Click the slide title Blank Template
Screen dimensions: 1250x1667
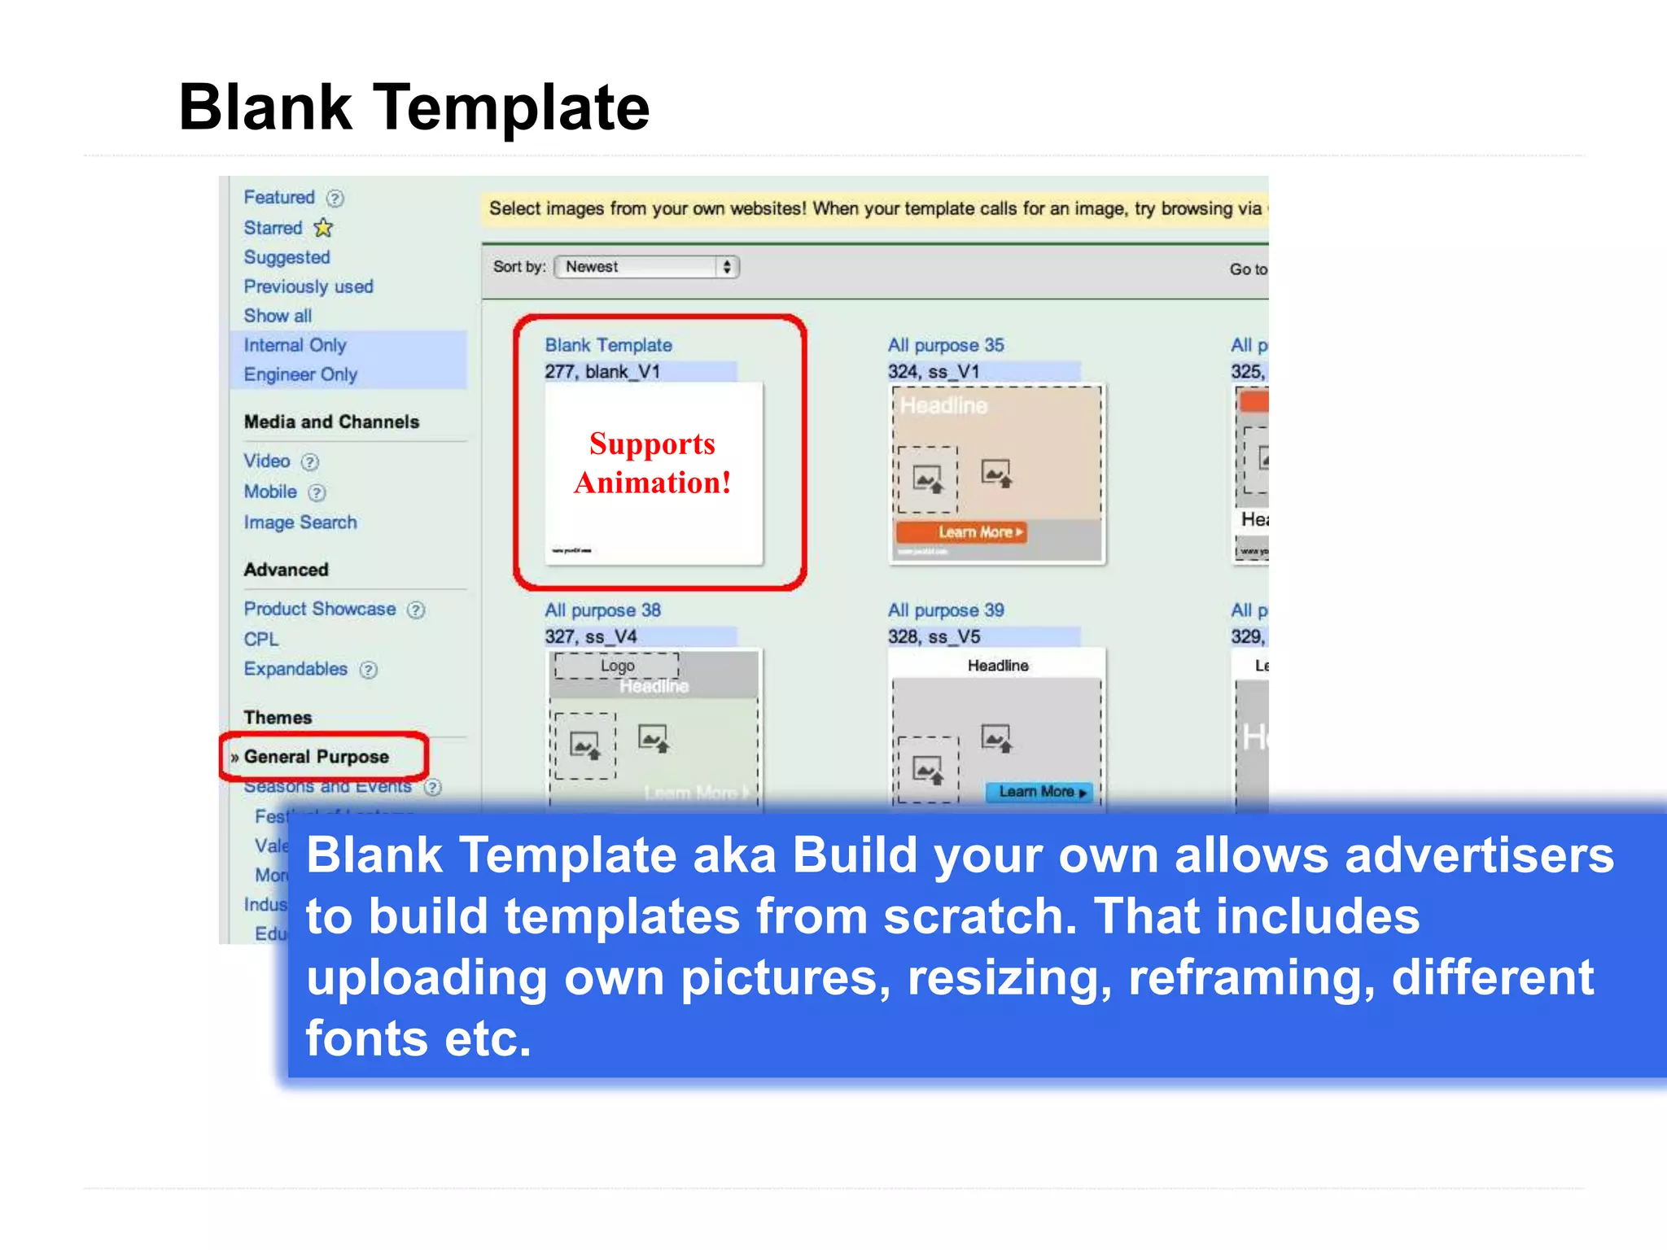413,107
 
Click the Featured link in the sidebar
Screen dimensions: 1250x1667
279,198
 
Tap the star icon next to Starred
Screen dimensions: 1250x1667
324,228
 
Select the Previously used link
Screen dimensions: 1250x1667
308,286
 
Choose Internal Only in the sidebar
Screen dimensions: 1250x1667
295,345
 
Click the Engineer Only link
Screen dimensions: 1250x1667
300,374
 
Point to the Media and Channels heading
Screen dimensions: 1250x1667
331,422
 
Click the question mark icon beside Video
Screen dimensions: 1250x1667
310,462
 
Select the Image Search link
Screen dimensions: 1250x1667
300,522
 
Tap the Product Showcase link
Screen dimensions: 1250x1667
320,609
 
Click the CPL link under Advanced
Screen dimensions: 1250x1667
261,640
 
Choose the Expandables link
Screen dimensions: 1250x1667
295,669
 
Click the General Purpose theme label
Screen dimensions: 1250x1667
317,757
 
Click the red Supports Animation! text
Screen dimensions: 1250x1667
653,463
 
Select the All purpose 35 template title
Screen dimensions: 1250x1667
946,345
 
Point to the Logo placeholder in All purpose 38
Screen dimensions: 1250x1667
617,666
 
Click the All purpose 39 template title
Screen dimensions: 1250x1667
946,610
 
